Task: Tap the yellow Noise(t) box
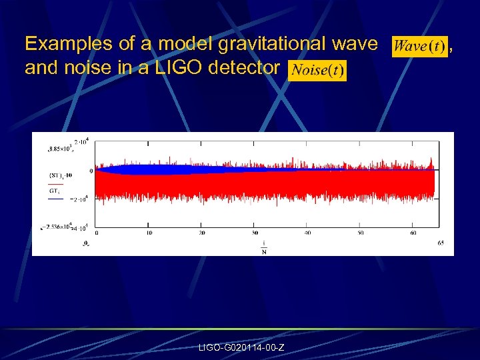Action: pyautogui.click(x=317, y=70)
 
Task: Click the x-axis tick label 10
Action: pyautogui.click(x=149, y=233)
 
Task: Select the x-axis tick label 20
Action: pyautogui.click(x=202, y=233)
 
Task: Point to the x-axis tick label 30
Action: pyautogui.click(x=255, y=233)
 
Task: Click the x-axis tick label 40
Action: pyautogui.click(x=307, y=233)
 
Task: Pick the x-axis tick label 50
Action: pyautogui.click(x=361, y=233)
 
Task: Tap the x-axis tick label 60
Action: pyautogui.click(x=413, y=233)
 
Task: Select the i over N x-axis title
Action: pyautogui.click(x=264, y=247)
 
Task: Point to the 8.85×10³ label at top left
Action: pyautogui.click(x=60, y=147)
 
